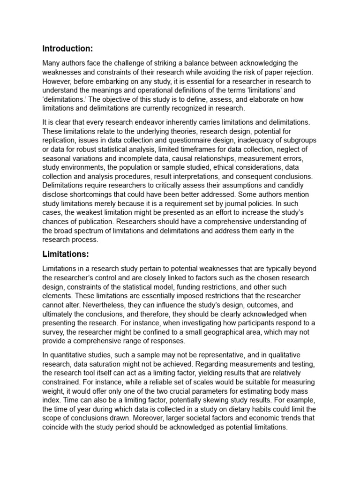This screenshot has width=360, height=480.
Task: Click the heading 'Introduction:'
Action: tap(67, 48)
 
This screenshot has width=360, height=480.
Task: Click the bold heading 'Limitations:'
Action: tap(65, 254)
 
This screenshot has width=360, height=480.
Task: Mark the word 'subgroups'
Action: tap(300, 140)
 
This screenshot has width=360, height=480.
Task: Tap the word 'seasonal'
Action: tap(57, 157)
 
